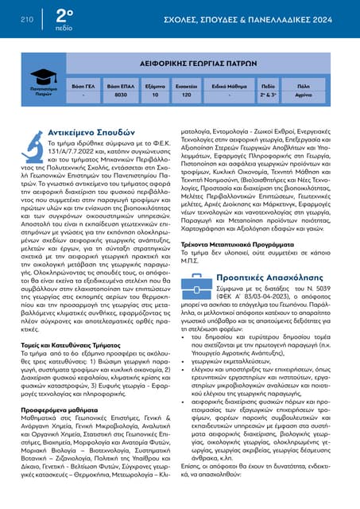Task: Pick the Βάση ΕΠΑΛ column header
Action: click(121, 83)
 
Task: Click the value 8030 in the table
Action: click(121, 94)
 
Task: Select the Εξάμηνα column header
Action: click(155, 83)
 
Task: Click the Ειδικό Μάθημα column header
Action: click(227, 83)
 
